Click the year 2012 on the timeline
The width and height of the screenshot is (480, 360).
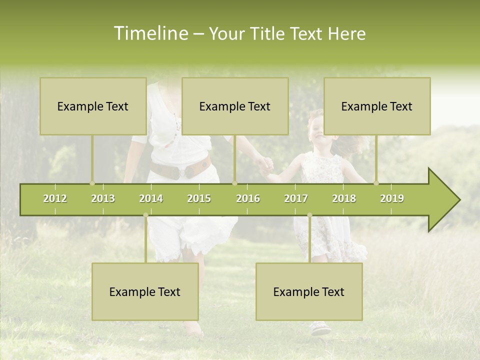pos(55,198)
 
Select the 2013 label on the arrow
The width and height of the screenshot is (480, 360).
pos(103,198)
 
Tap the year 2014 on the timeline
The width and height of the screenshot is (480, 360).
pos(151,198)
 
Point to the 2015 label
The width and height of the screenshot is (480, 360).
pos(199,198)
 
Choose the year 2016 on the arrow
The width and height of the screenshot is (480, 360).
pos(248,198)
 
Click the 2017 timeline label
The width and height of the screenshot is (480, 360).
pos(296,198)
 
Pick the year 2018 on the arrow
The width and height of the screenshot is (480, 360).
pos(344,198)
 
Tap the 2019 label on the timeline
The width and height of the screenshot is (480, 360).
pos(392,198)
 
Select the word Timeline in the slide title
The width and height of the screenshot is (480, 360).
pos(150,33)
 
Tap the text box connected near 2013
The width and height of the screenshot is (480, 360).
pos(93,106)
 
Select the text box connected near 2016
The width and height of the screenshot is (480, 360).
pos(235,106)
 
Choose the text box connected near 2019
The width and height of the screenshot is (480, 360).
pos(377,106)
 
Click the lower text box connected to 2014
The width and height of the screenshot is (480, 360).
pos(145,291)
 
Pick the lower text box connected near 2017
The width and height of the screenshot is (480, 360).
pos(309,291)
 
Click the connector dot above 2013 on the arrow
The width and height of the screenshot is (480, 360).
pos(92,183)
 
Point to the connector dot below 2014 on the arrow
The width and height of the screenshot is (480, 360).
pos(145,215)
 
